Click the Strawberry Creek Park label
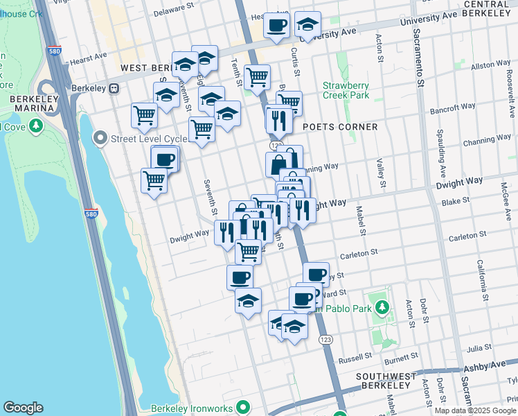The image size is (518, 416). tap(346, 90)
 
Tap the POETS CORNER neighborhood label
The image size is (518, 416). tap(340, 127)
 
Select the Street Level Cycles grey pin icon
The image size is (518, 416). tap(101, 139)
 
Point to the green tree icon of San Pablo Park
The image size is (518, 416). tap(381, 306)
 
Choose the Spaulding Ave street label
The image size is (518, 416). tap(440, 153)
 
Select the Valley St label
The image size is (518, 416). tap(380, 173)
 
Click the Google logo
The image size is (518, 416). tap(23, 408)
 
